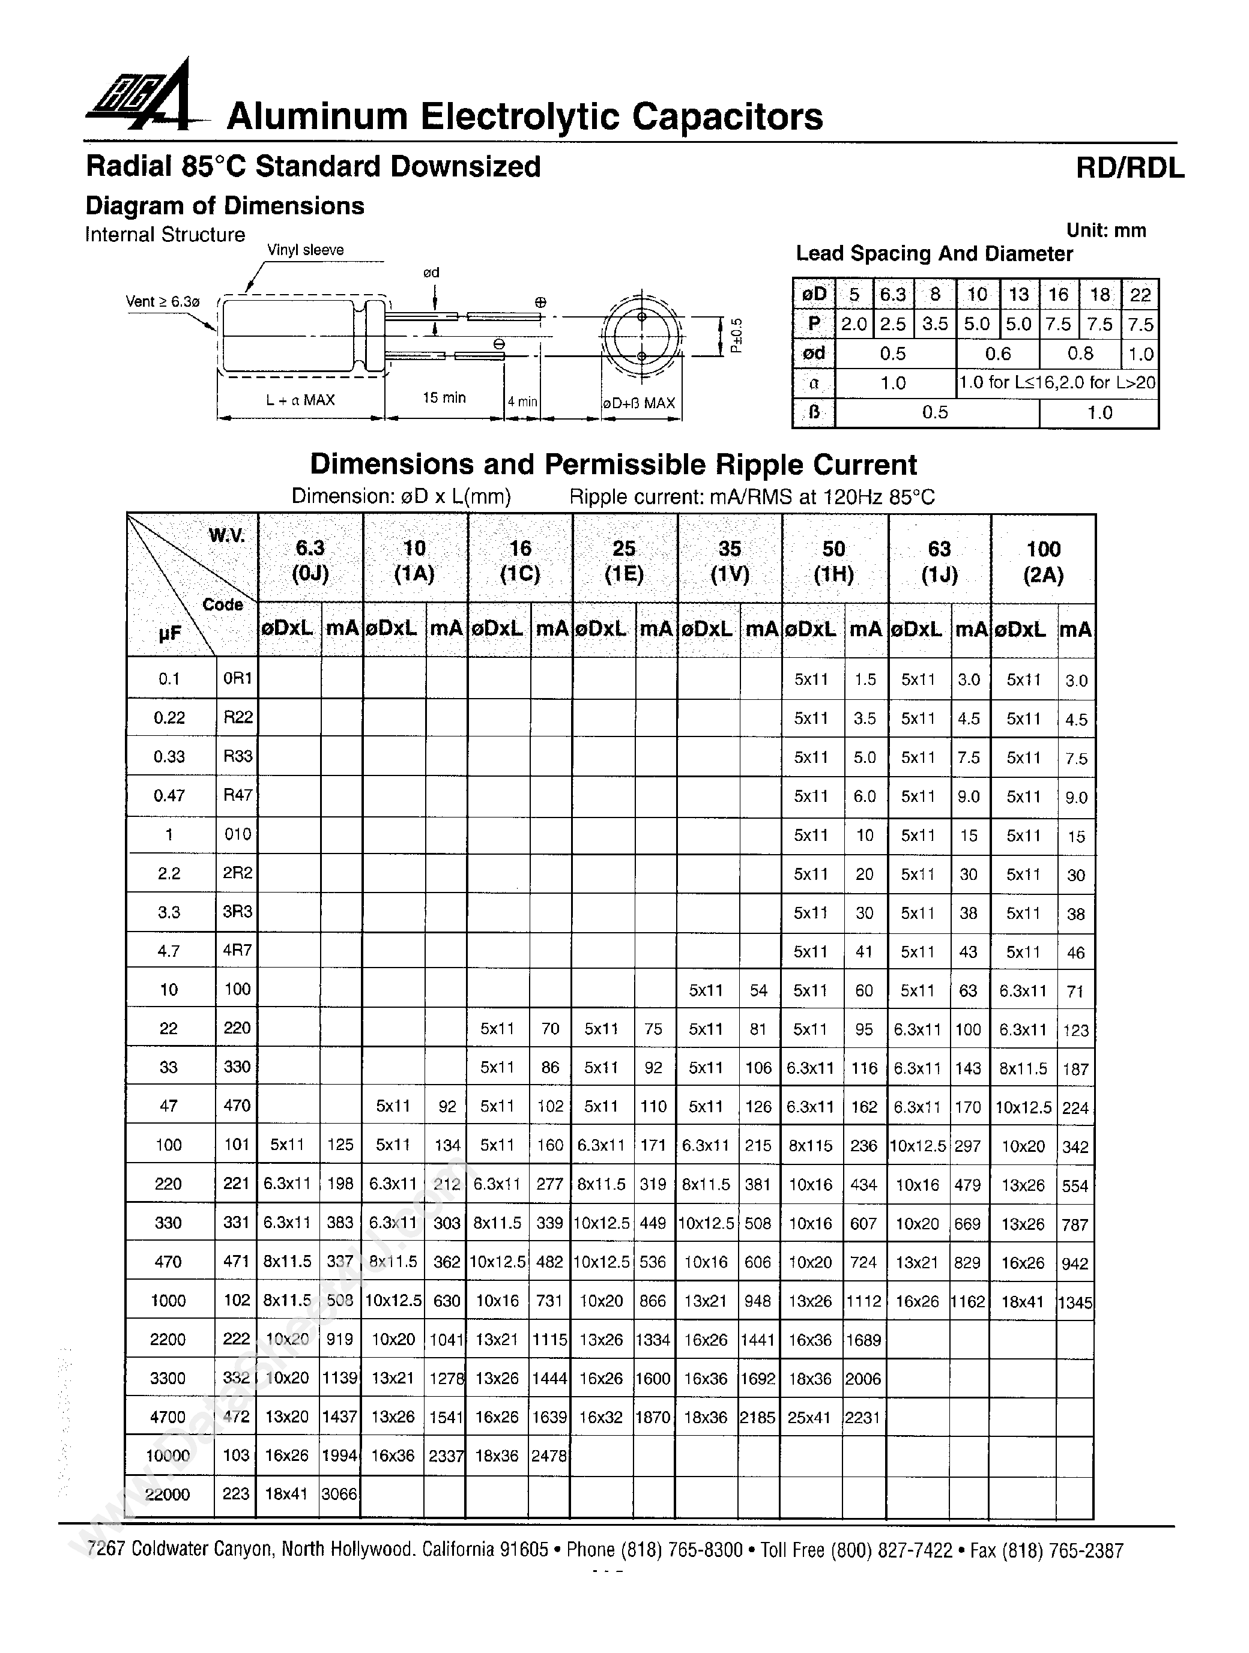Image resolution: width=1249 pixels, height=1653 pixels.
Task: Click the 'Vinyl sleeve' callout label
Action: pos(305,250)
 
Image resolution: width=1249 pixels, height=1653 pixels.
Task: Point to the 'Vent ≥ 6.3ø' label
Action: pos(163,302)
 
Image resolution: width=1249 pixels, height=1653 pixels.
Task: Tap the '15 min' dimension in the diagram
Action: pos(444,397)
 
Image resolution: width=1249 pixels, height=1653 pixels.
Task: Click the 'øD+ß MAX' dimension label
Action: pos(639,403)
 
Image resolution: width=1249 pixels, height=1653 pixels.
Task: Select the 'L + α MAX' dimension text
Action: pos(300,400)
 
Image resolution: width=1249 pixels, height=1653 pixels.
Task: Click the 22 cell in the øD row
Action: pos(1139,295)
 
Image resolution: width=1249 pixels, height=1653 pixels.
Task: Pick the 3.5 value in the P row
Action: pos(934,324)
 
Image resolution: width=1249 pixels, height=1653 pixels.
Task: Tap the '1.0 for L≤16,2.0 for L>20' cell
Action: pos(1057,384)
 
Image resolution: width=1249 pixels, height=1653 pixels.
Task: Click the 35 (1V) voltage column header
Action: pos(730,561)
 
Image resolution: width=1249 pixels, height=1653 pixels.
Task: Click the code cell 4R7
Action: pos(237,951)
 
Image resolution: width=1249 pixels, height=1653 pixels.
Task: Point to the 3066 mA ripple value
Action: pos(339,1494)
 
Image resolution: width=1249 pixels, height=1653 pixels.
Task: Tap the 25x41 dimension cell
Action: pos(809,1417)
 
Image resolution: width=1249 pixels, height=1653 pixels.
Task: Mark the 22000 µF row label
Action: pos(168,1494)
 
